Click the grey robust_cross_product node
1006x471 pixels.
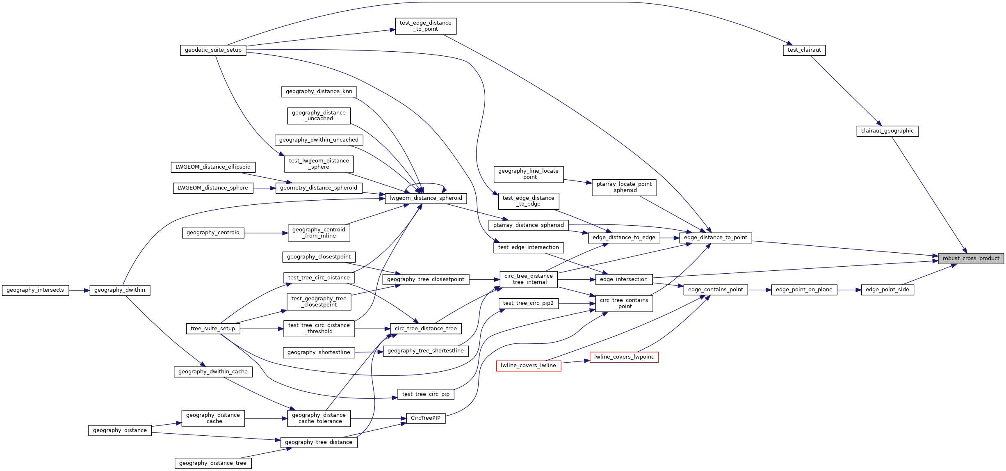pyautogui.click(x=970, y=258)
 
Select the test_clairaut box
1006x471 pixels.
pyautogui.click(x=804, y=50)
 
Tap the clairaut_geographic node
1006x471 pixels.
pyautogui.click(x=887, y=131)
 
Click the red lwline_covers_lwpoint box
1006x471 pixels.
pyautogui.click(x=623, y=357)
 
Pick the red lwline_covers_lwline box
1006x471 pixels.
pyautogui.click(x=528, y=366)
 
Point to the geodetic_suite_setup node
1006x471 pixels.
pyautogui.click(x=213, y=50)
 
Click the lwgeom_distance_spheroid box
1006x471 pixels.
pyautogui.click(x=425, y=198)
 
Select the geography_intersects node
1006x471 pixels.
pyautogui.click(x=35, y=290)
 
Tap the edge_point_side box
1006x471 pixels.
pyautogui.click(x=887, y=290)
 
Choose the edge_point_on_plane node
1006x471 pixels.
pyautogui.click(x=804, y=290)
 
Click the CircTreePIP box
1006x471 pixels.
pyautogui.click(x=425, y=418)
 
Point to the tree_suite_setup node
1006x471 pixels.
pyautogui.click(x=212, y=329)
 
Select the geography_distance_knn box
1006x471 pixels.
pyautogui.click(x=319, y=91)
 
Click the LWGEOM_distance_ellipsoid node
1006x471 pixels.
pyautogui.click(x=213, y=167)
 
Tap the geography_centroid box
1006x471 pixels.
pyautogui.click(x=213, y=233)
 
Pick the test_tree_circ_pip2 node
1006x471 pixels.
pyautogui.click(x=528, y=303)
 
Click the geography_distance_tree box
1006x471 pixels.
pyautogui.click(x=212, y=463)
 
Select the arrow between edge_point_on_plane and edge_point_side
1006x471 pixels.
pyautogui.click(x=849, y=290)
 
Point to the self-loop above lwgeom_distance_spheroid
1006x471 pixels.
pyautogui.click(x=426, y=183)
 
